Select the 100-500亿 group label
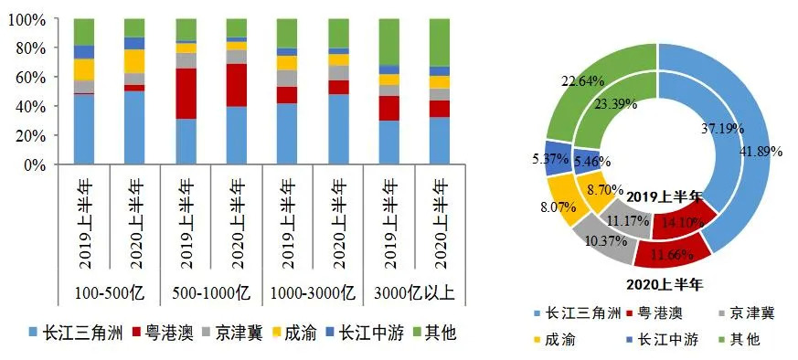pos(110,293)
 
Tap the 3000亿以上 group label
pos(414,293)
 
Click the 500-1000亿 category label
pos(211,293)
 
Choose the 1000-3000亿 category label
pos(313,293)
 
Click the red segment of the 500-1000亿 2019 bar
pos(186,93)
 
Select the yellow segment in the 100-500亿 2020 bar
pos(135,61)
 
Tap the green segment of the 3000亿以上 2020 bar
pos(440,42)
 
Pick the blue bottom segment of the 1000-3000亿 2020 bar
pos(338,129)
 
